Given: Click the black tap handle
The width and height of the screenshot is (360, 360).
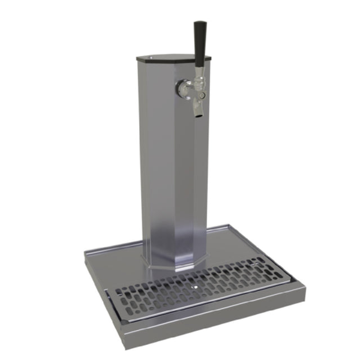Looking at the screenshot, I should [x=200, y=42].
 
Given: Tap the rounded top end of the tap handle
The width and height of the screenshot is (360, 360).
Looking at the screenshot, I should [x=200, y=24].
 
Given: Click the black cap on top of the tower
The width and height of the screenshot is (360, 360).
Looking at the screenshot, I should [x=172, y=57].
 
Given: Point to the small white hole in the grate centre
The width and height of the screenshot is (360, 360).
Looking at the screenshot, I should [x=195, y=286].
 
